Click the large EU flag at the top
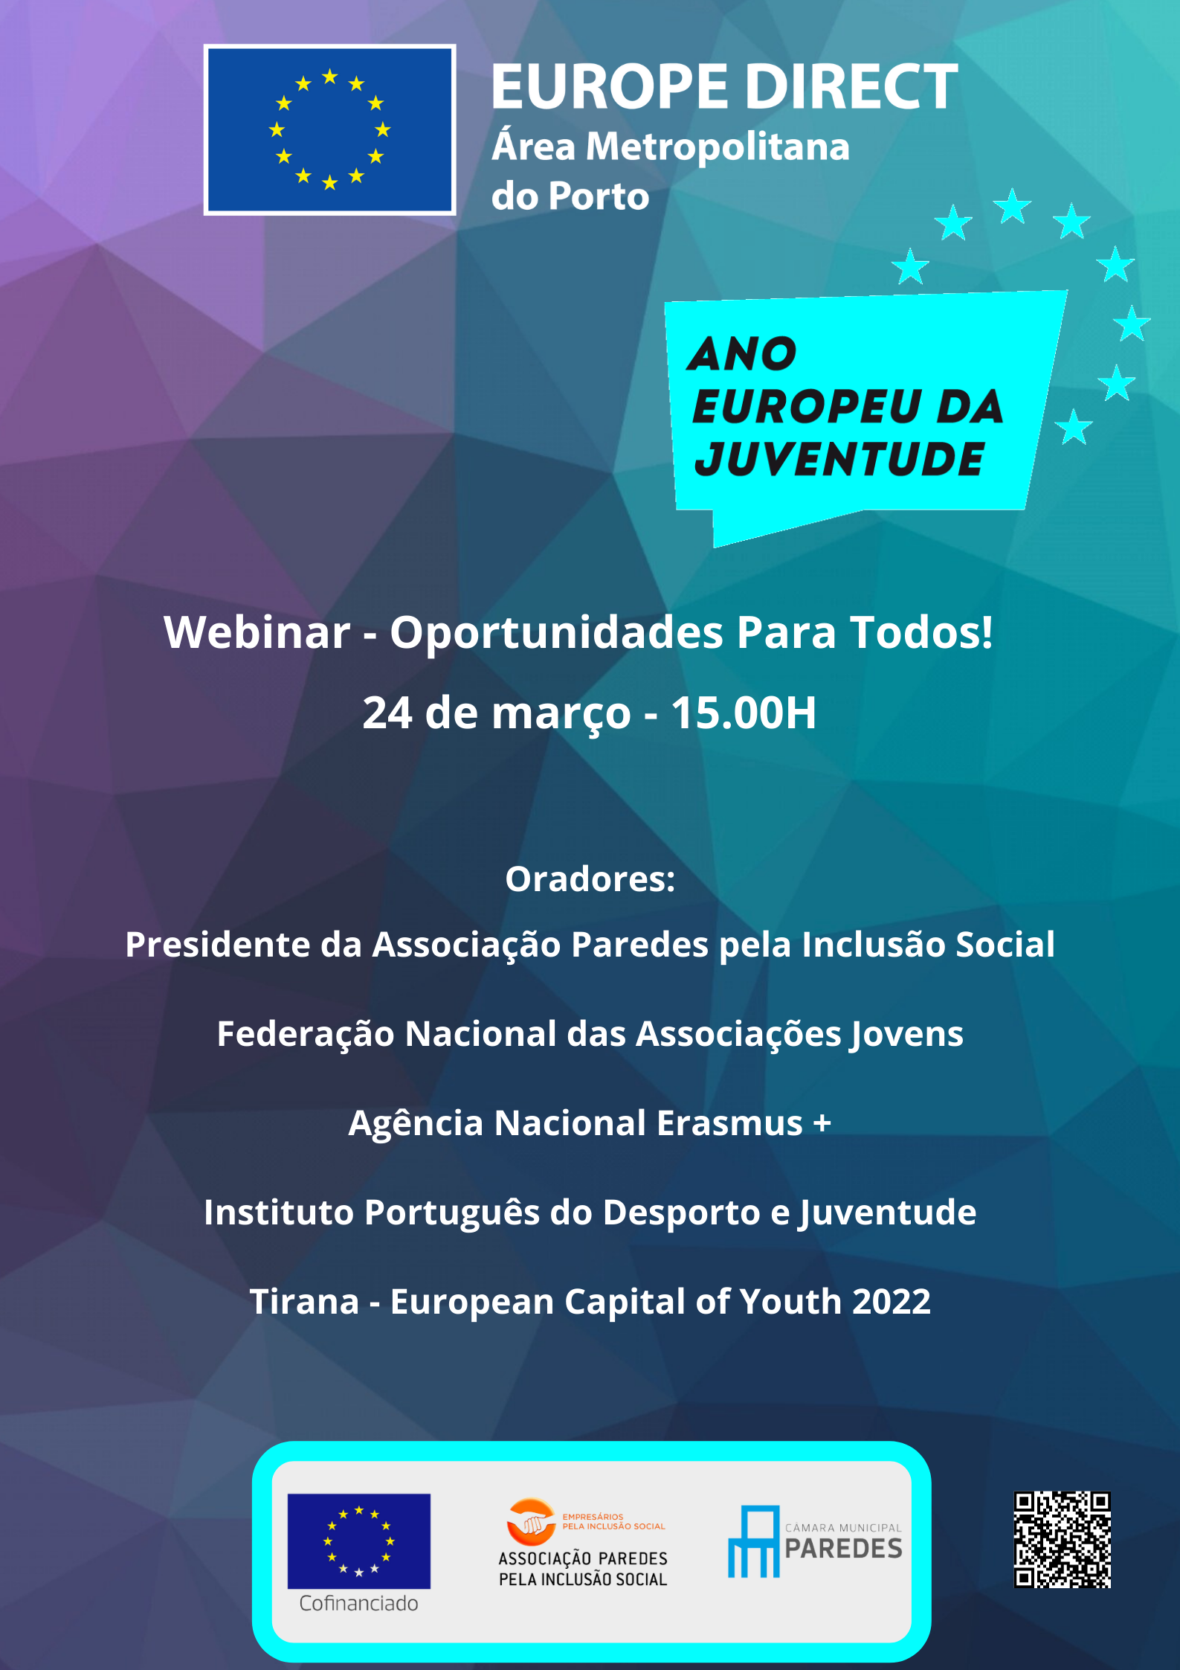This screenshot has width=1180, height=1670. pyautogui.click(x=329, y=129)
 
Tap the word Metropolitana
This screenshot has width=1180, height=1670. pyautogui.click(x=718, y=147)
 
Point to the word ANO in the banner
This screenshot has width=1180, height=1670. pyautogui.click(x=742, y=353)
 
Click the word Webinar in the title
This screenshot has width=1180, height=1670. pyautogui.click(x=257, y=632)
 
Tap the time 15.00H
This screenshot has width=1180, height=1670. pyautogui.click(x=744, y=713)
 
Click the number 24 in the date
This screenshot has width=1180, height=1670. pyautogui.click(x=387, y=713)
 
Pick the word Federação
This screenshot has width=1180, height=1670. pyautogui.click(x=305, y=1034)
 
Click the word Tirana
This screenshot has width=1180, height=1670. pyautogui.click(x=304, y=1302)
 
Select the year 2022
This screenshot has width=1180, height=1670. pyautogui.click(x=892, y=1302)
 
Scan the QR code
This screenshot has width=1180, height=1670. pyautogui.click(x=1063, y=1540)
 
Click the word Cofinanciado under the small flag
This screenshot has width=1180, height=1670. pyautogui.click(x=358, y=1604)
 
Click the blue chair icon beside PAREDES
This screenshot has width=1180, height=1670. pyautogui.click(x=754, y=1541)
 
